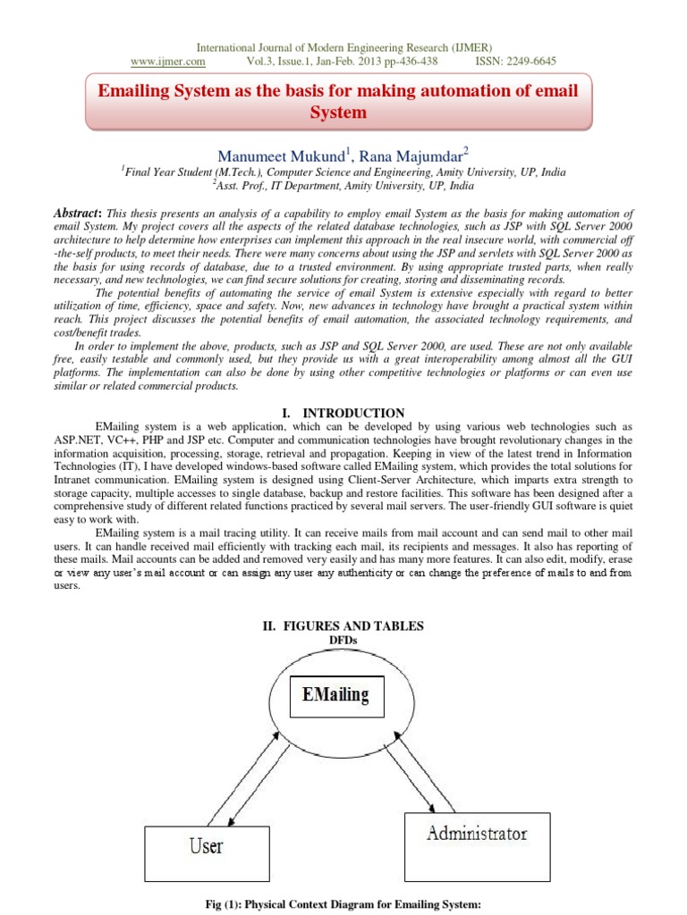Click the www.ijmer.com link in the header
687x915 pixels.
click(168, 62)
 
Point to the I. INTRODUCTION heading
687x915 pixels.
click(343, 413)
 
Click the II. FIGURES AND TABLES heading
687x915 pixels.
click(343, 625)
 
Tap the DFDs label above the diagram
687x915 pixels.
click(343, 640)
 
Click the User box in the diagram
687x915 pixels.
click(207, 844)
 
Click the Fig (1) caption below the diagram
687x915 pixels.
click(343, 904)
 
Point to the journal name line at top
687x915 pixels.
click(343, 47)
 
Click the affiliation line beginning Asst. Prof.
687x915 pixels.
click(343, 186)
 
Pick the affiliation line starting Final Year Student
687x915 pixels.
click(343, 172)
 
